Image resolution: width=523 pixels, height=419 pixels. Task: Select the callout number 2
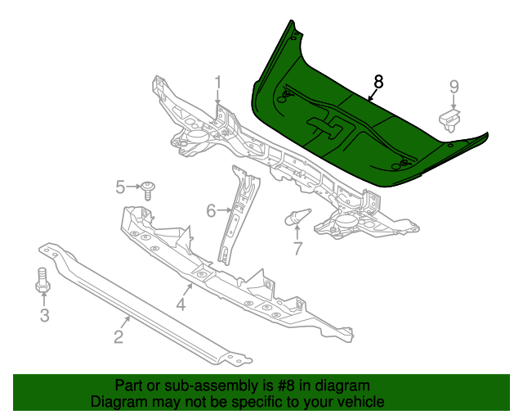coord(118,336)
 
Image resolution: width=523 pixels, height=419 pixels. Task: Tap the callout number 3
coord(44,316)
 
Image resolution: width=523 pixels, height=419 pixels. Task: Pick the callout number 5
coord(120,187)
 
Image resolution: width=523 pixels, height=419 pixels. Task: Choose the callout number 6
coord(211,211)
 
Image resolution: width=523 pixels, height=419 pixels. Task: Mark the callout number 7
coord(297,248)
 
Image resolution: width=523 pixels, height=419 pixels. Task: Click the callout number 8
coord(378,81)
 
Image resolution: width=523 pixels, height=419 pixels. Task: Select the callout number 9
coord(454,87)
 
